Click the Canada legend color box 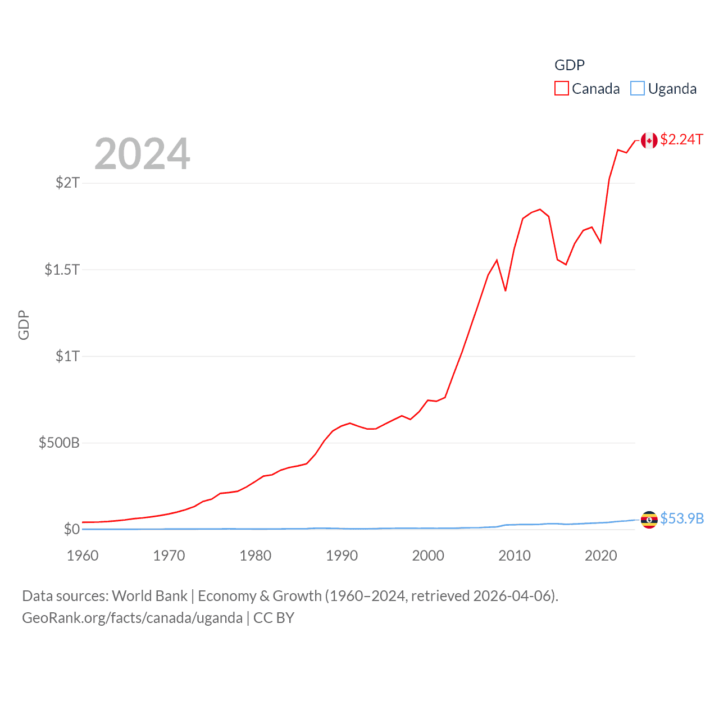[561, 89]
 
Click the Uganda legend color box [637, 89]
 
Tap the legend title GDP [569, 65]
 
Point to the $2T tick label [67, 183]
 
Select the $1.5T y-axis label [62, 270]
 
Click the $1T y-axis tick [67, 356]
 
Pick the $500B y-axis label [59, 443]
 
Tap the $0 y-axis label [71, 529]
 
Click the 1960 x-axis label [83, 556]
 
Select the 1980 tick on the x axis [256, 556]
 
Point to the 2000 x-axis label [428, 556]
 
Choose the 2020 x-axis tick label [601, 556]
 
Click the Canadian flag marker [649, 140]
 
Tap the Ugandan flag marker [649, 520]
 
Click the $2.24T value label [681, 139]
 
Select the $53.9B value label [682, 518]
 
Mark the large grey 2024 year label [142, 154]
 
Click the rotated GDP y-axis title [24, 325]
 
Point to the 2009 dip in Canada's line [506, 290]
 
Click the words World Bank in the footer [149, 595]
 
